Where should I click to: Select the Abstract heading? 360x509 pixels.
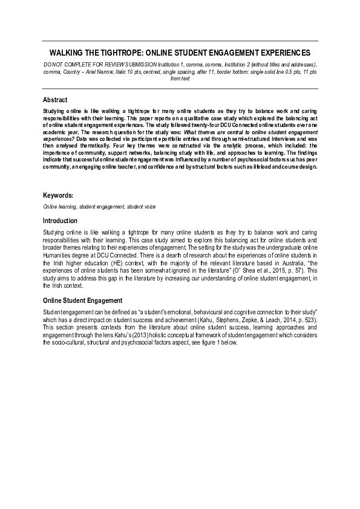click(55, 100)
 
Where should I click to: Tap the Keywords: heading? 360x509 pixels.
click(58, 195)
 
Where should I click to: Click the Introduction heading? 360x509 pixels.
click(60, 221)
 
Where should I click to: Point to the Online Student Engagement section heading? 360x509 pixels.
click(82, 300)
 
